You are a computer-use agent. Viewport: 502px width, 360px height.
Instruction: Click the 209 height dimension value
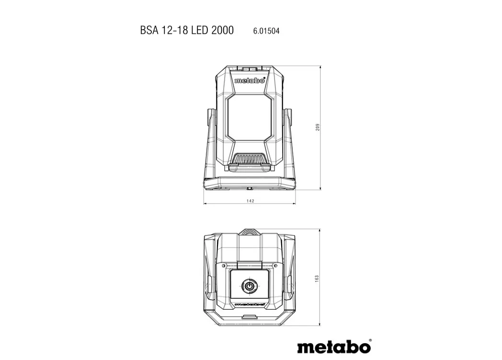[318, 127]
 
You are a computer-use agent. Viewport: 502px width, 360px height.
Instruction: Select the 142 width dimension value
[251, 201]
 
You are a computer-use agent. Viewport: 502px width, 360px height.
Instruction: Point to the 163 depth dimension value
[317, 279]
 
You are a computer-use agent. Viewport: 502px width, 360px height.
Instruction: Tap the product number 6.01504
[266, 31]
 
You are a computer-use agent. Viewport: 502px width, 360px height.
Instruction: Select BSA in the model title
[149, 30]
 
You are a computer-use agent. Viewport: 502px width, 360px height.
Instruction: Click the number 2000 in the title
[223, 30]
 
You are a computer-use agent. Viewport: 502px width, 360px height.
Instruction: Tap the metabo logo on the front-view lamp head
[250, 80]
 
